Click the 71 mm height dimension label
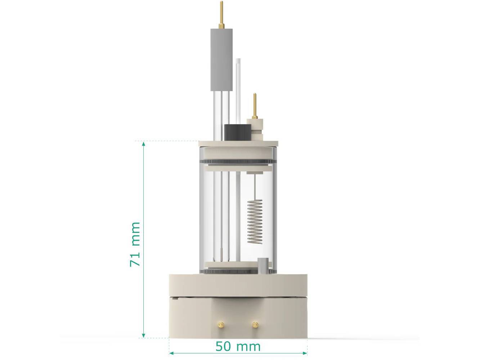[x=135, y=244]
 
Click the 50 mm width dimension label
[x=238, y=347]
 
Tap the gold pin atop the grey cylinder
[x=221, y=14]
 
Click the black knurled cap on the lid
[x=237, y=132]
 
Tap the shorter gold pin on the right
[x=255, y=105]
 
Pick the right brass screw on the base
[x=255, y=325]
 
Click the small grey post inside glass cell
[x=263, y=266]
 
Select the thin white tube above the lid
[x=238, y=90]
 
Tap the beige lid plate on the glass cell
[x=238, y=143]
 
